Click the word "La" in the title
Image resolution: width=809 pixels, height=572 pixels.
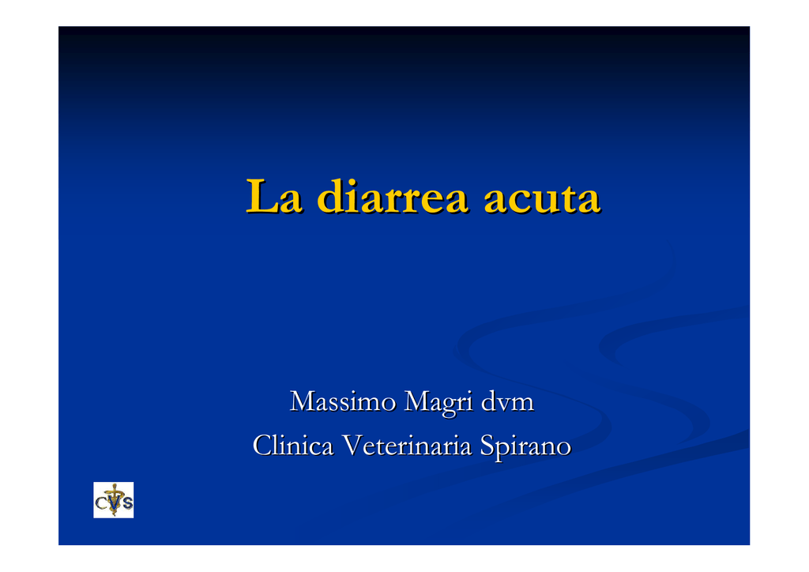(273, 196)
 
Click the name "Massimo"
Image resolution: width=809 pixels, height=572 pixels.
(343, 401)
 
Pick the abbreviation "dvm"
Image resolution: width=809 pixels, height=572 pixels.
(507, 401)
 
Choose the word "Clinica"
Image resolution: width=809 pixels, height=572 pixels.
(293, 445)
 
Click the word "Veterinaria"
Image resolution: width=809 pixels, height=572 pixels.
(407, 445)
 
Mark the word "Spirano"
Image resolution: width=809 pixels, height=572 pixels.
(525, 446)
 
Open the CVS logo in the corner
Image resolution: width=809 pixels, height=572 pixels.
(114, 500)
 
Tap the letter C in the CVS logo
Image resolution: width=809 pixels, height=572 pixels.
(102, 502)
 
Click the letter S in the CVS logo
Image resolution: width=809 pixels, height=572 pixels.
(127, 502)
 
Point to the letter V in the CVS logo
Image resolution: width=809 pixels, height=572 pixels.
(115, 502)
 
